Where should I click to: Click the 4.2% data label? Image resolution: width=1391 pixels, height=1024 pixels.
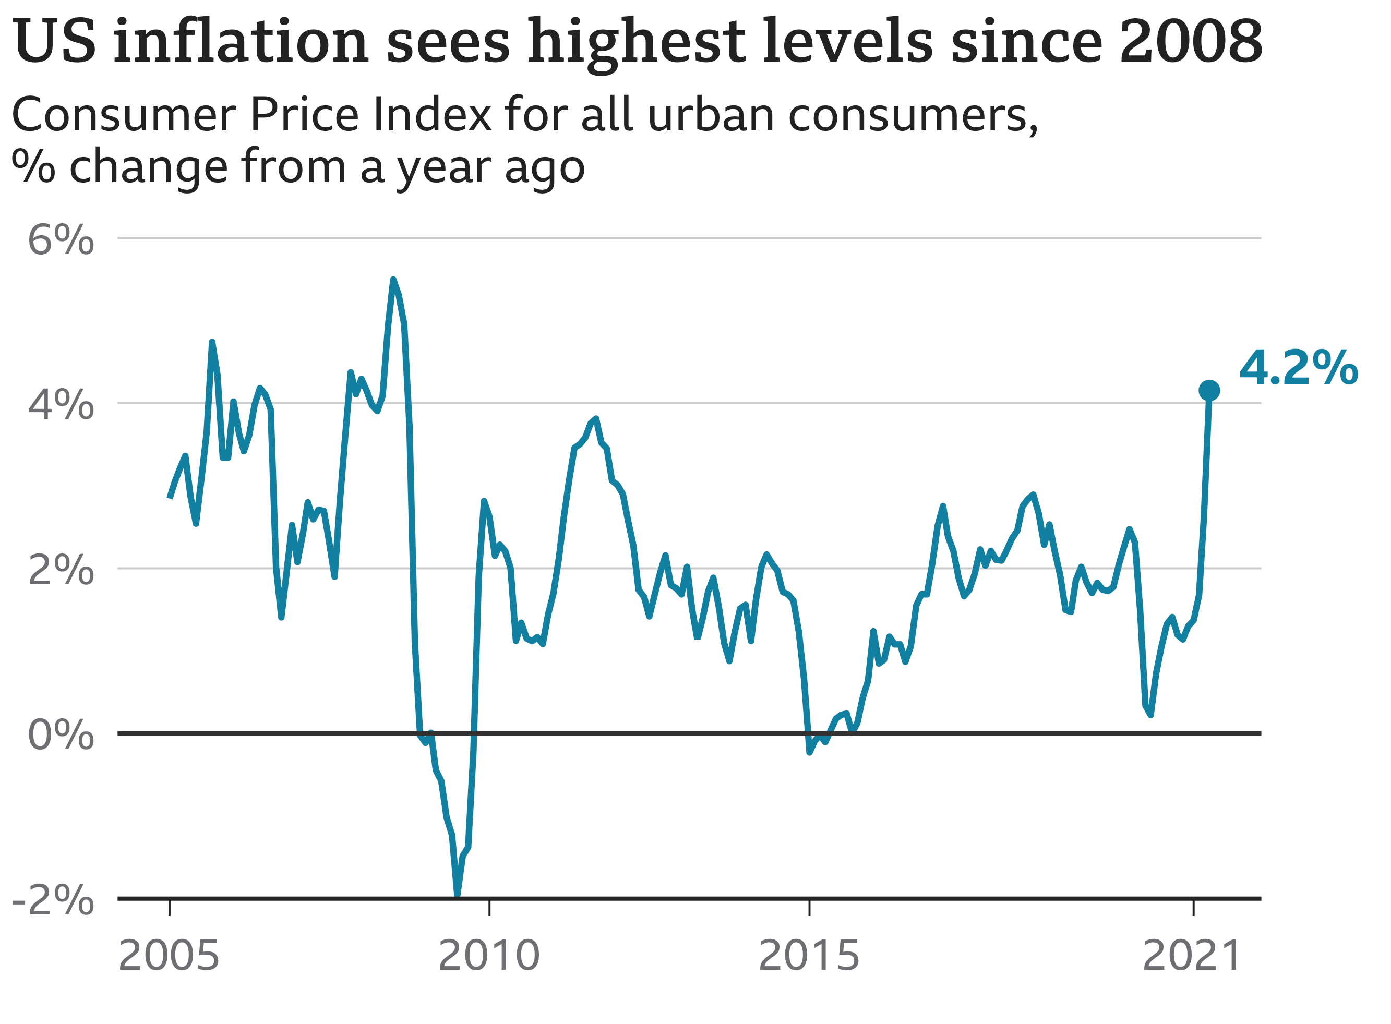point(1298,368)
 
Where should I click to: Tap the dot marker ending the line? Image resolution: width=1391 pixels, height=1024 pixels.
point(1209,391)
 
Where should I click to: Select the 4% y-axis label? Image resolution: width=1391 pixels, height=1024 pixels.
point(61,405)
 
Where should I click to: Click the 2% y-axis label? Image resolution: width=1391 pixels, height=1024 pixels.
point(61,570)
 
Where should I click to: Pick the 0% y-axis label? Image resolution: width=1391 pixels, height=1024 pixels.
point(61,735)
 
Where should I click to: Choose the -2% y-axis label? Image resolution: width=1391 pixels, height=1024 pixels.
point(53,900)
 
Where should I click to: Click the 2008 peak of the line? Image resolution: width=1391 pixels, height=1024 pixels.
point(393,280)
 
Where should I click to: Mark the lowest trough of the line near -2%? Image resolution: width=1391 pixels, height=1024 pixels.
point(458,895)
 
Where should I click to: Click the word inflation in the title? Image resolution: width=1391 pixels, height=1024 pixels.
point(241,42)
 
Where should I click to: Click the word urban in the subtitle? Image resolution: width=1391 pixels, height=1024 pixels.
point(711,115)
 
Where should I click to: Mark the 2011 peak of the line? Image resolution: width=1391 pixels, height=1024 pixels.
point(596,419)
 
